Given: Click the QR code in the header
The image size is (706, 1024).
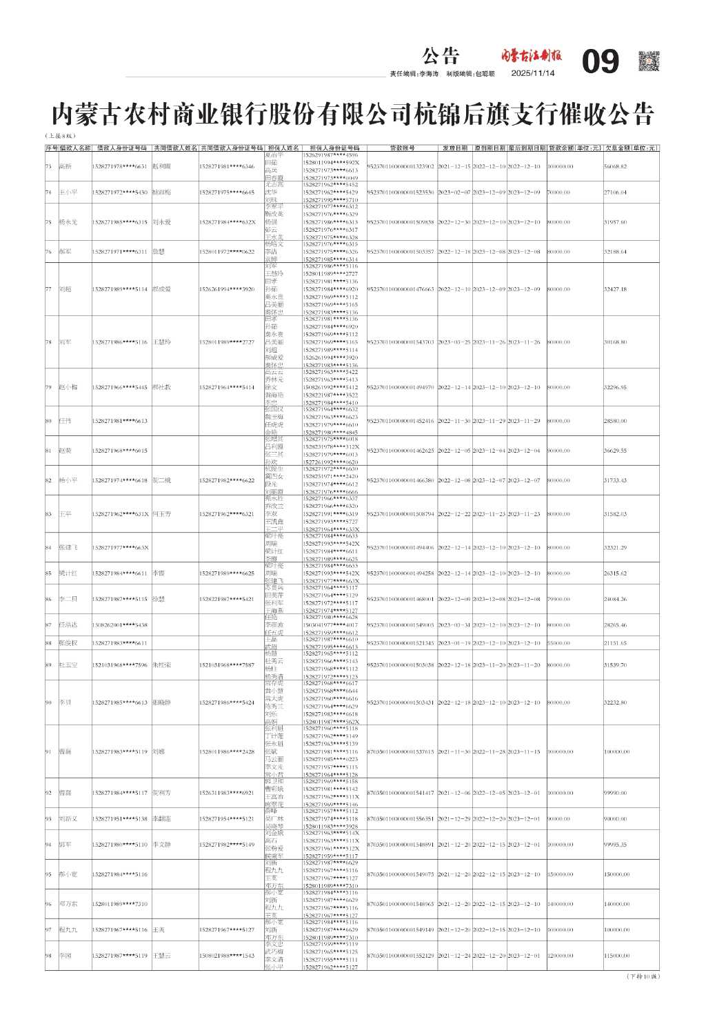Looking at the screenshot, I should coord(648,61).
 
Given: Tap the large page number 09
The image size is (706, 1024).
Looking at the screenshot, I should coord(601,62).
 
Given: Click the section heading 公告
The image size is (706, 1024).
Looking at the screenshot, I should coord(441,56).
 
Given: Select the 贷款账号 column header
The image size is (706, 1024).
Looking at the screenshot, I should coord(403,148).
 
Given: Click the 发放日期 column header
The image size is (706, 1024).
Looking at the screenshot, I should coord(454,148).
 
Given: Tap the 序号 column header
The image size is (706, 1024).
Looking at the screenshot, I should coord(52,148).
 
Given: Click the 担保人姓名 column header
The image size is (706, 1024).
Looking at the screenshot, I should coord(283,148).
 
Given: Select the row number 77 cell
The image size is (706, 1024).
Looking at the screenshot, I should coord(49,289).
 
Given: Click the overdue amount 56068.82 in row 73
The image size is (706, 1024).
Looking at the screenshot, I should coord(616,166).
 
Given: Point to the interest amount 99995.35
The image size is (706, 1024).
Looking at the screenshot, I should coord(616,845).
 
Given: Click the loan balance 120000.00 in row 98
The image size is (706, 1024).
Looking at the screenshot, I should coord(561,956).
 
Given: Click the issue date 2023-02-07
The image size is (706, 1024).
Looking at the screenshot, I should coord(454,193).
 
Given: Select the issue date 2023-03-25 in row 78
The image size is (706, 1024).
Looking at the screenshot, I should coord(454,342).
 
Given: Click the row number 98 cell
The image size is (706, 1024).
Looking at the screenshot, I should coord(49,956).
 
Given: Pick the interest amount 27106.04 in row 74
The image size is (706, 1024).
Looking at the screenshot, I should coord(616,193).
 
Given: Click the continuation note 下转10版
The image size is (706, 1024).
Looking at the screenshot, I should coord(643,976).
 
